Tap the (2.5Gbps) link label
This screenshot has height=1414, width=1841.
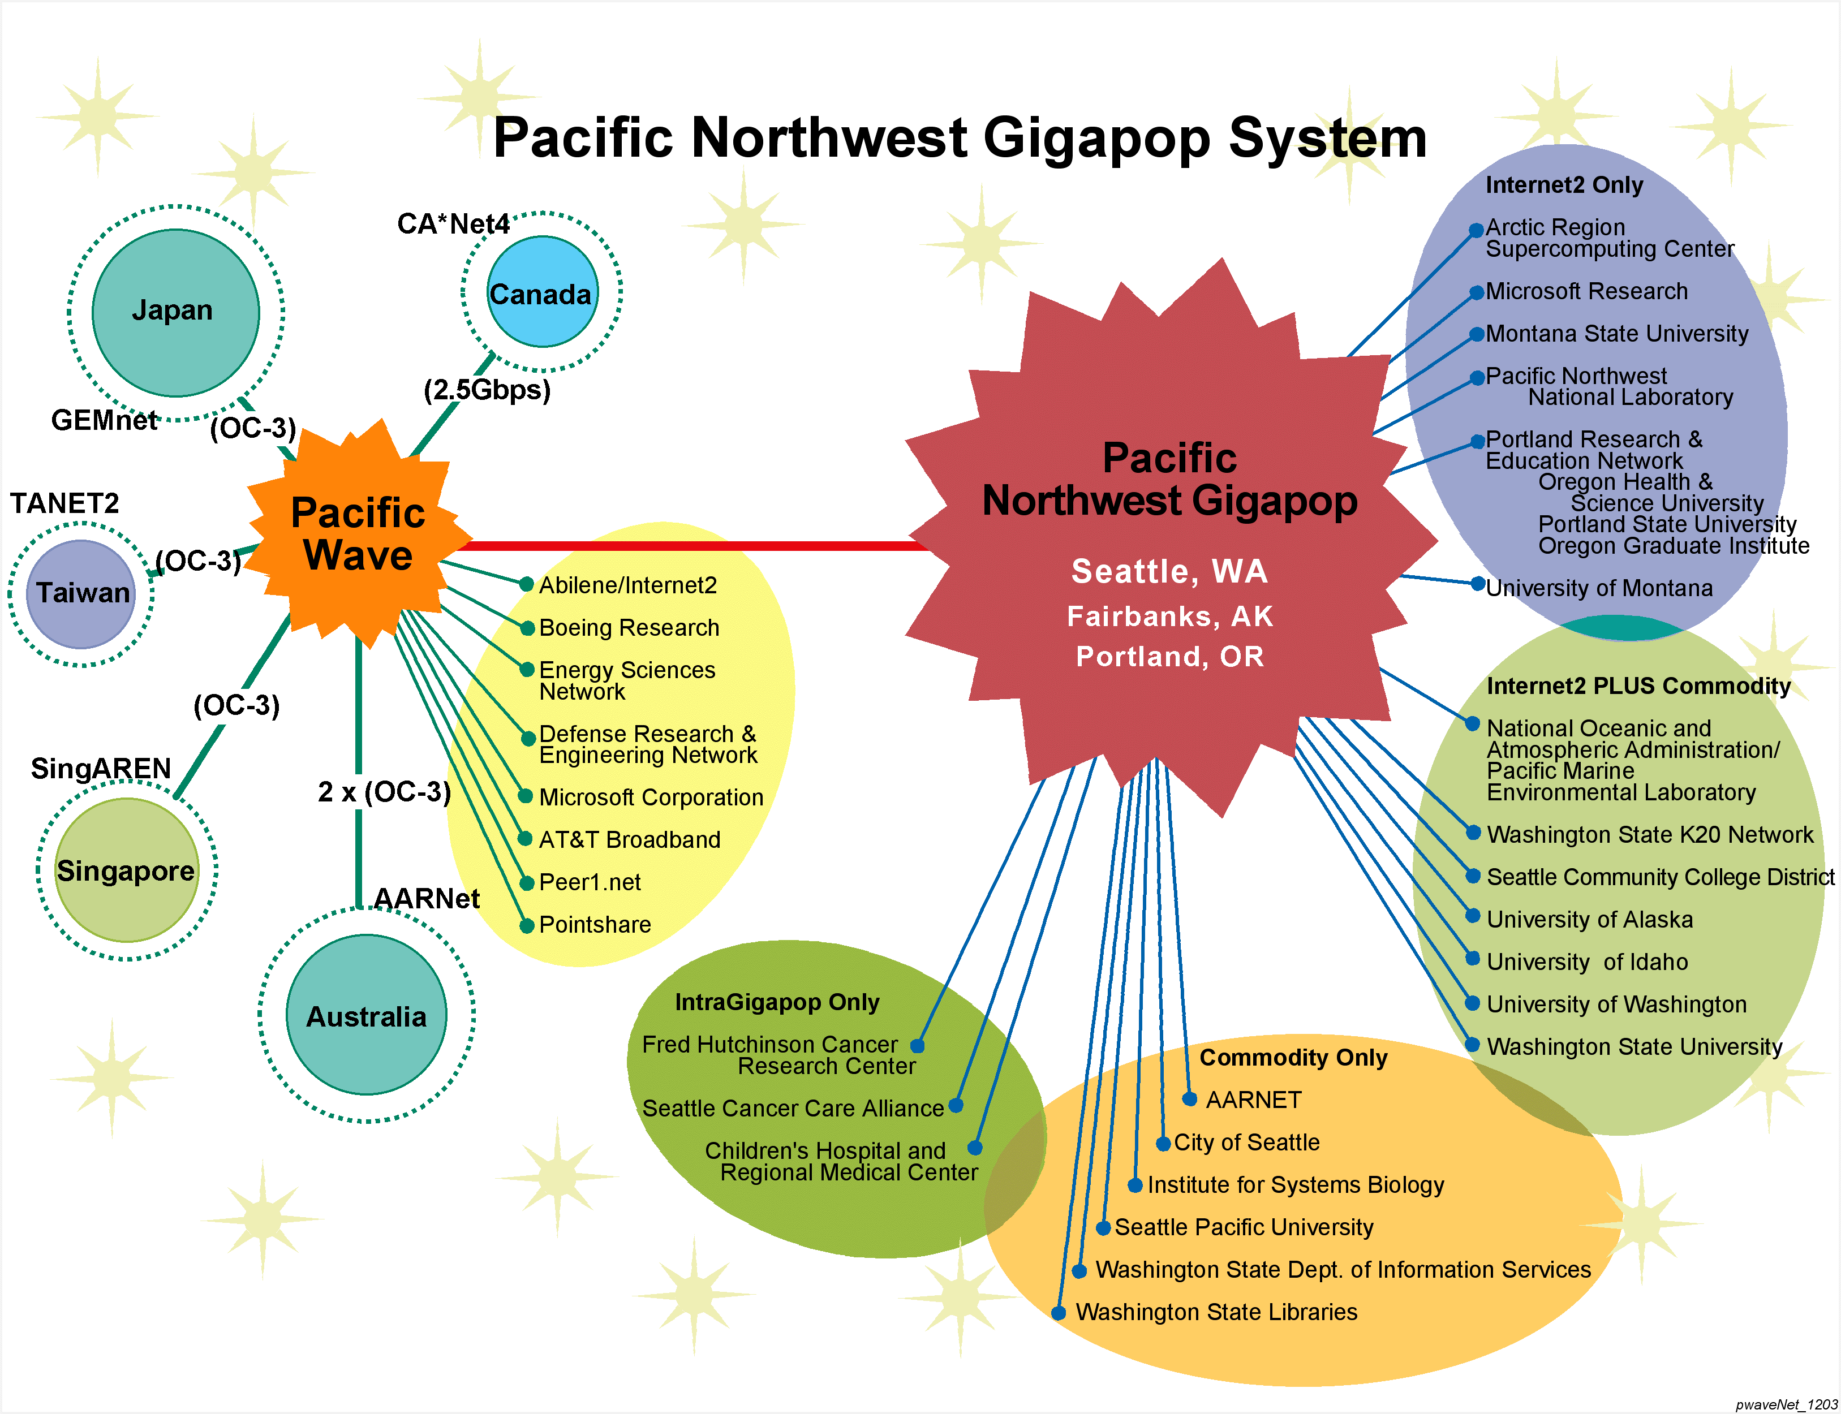pos(487,390)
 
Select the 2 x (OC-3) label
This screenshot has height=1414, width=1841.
pos(384,792)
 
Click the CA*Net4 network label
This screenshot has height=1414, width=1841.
pos(453,224)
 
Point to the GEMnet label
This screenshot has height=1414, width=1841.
pos(104,420)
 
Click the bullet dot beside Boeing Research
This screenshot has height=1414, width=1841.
pos(527,628)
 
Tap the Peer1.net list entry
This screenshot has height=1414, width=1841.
pos(590,882)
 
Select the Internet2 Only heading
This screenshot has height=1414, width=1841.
pos(1564,185)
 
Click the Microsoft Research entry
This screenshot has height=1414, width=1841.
pos(1586,291)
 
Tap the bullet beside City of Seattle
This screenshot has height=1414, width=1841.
pos(1163,1144)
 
